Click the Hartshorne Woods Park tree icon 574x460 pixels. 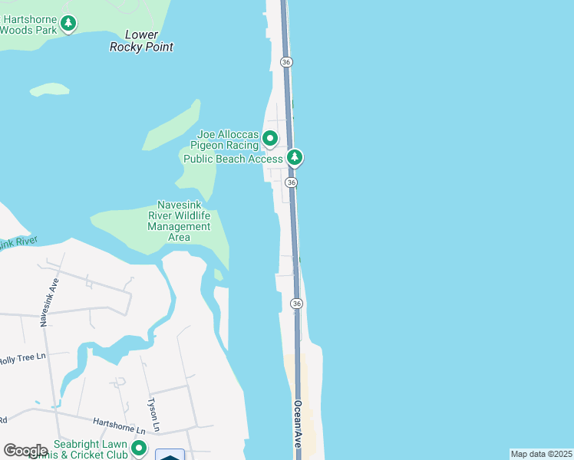(69, 24)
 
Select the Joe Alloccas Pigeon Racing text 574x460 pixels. (227, 140)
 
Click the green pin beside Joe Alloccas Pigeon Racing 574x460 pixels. (270, 139)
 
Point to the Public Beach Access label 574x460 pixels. (233, 159)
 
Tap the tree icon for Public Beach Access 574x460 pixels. (295, 158)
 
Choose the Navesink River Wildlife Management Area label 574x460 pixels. (179, 221)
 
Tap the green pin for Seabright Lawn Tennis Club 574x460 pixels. (139, 448)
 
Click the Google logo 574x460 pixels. (25, 450)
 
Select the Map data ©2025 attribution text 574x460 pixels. (540, 454)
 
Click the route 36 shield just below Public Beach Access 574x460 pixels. (291, 182)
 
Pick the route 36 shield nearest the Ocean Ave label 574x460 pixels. (296, 304)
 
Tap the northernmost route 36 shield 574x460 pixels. (285, 61)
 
